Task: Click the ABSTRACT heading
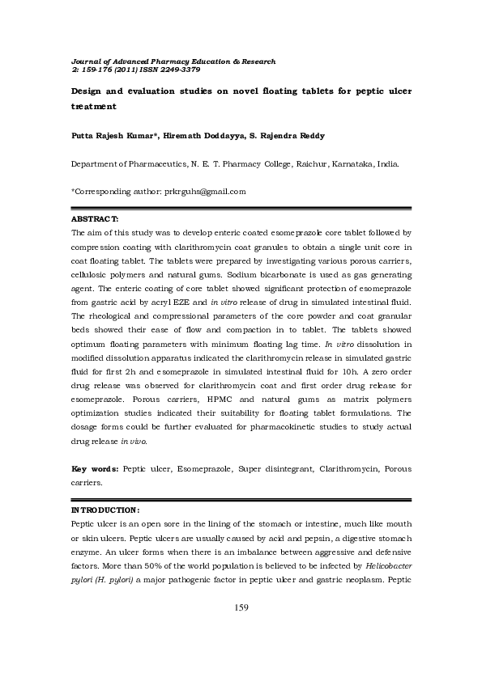click(96, 219)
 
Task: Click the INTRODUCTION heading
click(106, 510)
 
